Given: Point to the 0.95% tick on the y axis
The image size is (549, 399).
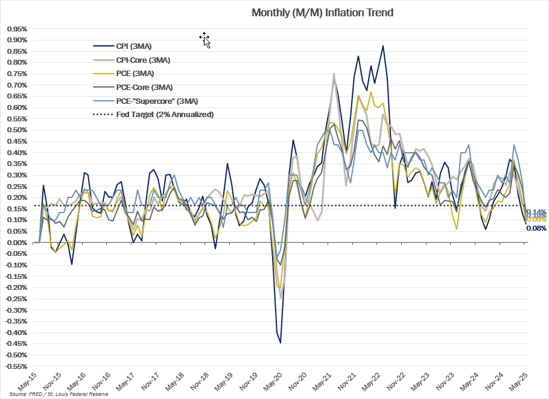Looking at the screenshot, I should coord(16,28).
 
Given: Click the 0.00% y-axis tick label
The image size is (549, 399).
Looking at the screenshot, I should coord(16,243).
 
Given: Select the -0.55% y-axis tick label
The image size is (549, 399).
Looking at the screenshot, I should coord(15,366).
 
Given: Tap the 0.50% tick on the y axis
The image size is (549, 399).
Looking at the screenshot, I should coord(16,130).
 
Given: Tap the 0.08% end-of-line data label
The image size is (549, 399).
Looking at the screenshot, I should coord(536,228).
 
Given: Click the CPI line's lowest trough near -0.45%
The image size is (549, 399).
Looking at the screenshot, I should coord(281,343).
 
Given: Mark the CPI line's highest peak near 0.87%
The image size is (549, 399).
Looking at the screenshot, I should coord(382,46).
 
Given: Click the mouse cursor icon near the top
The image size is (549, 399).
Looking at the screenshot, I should coord(205,40).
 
